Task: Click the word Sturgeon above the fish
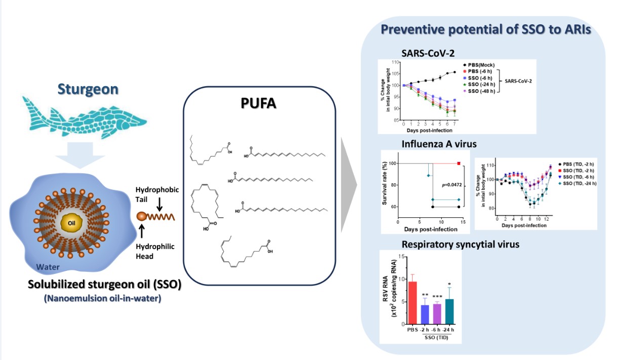click(89, 90)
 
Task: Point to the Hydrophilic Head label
click(154, 251)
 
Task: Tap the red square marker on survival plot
click(459, 163)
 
